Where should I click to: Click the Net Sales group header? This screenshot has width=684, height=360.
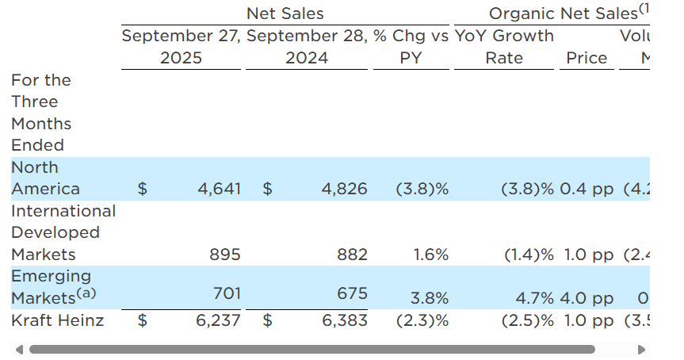click(x=285, y=13)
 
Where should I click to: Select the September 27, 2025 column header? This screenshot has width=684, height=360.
click(x=181, y=47)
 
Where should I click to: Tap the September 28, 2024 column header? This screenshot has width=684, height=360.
click(x=307, y=47)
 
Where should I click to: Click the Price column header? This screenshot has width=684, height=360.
click(x=587, y=58)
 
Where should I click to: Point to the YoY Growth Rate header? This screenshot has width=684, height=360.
click(x=504, y=47)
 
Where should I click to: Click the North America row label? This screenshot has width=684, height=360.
click(x=45, y=178)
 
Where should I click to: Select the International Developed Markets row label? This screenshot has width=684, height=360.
click(x=63, y=232)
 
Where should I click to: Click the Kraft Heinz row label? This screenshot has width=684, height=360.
click(x=58, y=320)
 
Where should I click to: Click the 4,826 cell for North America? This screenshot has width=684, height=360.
click(x=345, y=189)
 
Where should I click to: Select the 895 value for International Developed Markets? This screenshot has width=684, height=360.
click(x=225, y=255)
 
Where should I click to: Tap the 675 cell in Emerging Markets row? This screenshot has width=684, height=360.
click(x=353, y=293)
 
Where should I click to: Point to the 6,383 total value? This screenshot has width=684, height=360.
click(x=345, y=320)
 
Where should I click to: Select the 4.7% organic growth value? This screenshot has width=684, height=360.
click(x=534, y=298)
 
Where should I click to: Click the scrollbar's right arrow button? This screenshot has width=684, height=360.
click(x=641, y=349)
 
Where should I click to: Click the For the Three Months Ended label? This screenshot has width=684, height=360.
click(x=41, y=113)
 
